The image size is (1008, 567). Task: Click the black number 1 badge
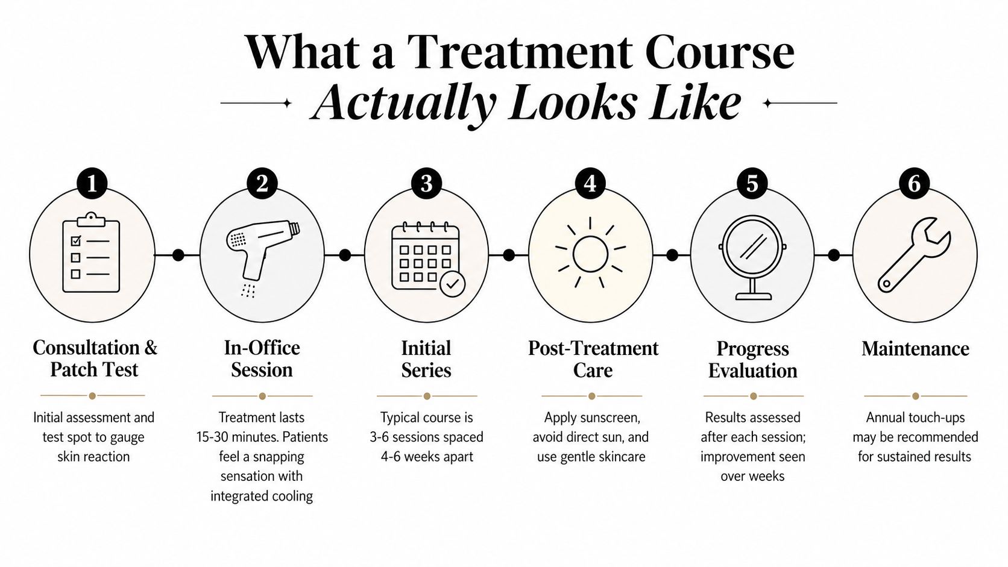pos(92,183)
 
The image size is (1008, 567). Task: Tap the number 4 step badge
pos(590,183)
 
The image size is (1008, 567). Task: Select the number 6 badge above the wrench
pos(915,183)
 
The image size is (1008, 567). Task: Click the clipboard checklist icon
pos(92,252)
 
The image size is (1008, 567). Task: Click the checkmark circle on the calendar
pos(452,284)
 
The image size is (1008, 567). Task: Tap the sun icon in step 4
pos(590,254)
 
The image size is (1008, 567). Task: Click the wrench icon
pos(914,254)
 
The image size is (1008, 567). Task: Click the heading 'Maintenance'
pos(915,349)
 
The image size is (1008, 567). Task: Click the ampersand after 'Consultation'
pos(151,348)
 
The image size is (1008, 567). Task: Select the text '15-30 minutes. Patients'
pos(262,437)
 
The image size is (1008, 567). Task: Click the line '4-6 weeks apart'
pos(427,457)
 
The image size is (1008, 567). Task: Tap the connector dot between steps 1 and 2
pos(178,255)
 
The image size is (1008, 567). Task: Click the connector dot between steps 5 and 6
pos(833,255)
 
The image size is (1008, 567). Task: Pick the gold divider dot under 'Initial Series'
pos(427,396)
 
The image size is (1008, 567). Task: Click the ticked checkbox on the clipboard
pos(76,241)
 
